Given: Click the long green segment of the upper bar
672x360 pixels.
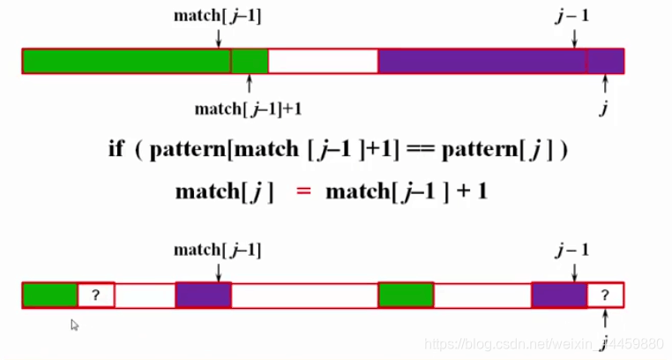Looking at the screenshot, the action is (x=126, y=61).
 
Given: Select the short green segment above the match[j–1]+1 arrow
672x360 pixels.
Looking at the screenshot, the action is (x=250, y=61).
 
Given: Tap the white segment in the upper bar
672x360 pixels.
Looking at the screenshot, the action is (x=323, y=61).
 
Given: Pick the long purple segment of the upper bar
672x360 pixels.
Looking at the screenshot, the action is (x=482, y=61).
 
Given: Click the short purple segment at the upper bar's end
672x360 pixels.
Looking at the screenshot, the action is (x=606, y=61).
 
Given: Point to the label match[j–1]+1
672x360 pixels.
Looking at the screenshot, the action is (x=250, y=109).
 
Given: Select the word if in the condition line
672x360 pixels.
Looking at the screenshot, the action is (x=116, y=149).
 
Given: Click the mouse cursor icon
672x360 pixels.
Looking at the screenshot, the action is (x=75, y=325).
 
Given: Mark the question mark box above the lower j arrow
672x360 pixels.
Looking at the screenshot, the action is (x=605, y=295).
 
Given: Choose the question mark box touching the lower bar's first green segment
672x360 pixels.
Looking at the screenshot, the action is (x=96, y=295).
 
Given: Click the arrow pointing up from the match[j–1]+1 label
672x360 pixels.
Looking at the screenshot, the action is (x=250, y=86).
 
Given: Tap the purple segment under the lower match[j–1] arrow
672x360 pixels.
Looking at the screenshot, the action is (x=204, y=295).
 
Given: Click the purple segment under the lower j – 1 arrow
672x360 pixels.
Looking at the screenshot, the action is (x=559, y=295).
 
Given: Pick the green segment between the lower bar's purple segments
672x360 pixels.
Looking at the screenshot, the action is (x=406, y=295).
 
